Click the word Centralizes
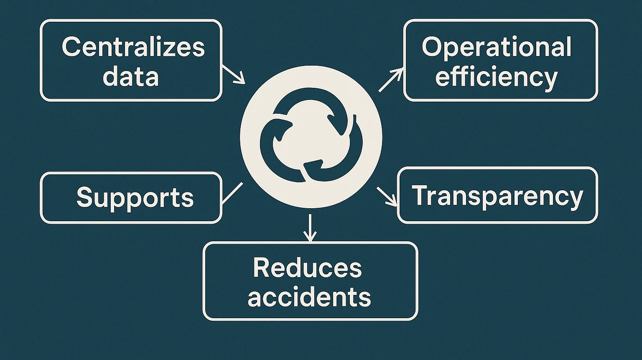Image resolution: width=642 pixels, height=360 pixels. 133,47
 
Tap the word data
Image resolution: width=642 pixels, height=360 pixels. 131,77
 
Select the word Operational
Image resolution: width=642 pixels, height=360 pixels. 497,48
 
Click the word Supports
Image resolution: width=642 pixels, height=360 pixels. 135,197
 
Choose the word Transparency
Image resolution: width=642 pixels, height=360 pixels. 497,196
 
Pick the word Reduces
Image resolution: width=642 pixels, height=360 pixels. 307,268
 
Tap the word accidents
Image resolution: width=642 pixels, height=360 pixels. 309,297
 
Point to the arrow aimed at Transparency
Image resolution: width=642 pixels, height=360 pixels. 387,197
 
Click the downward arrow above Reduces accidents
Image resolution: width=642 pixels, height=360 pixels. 309,227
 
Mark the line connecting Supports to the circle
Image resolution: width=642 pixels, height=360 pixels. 232,193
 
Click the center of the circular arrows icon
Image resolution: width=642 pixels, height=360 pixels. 311,136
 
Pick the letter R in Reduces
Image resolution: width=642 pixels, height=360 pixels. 261,268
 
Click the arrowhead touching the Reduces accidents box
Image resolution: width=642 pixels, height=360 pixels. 309,237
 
